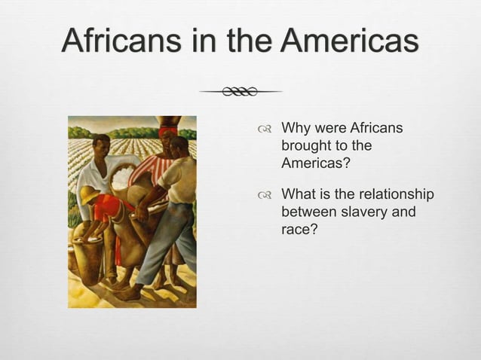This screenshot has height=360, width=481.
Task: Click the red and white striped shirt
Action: click(155, 167)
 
